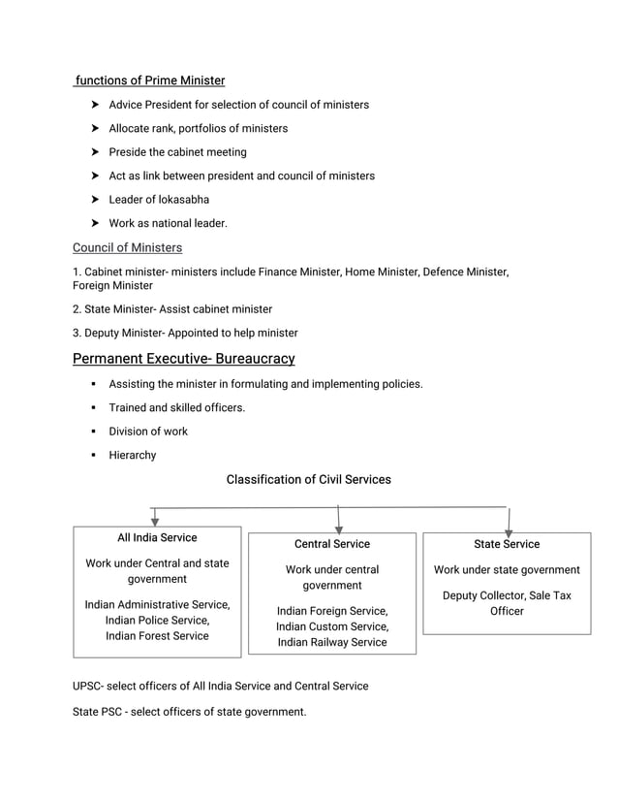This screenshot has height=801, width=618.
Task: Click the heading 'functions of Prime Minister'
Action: click(x=150, y=80)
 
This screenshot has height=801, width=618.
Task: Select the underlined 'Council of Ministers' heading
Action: click(x=127, y=247)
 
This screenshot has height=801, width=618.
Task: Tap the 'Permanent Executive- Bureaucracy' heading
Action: click(x=183, y=359)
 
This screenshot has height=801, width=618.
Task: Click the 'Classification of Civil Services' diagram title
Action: click(x=308, y=479)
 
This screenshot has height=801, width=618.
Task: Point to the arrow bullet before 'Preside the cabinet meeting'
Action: click(x=96, y=152)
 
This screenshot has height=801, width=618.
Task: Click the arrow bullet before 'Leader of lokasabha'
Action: click(x=96, y=200)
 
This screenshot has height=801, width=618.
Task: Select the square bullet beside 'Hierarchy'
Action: click(x=95, y=456)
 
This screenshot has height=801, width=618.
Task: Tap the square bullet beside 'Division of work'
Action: click(x=95, y=432)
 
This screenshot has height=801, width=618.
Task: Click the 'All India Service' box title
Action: click(x=157, y=537)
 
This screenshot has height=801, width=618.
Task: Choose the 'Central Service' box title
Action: click(x=332, y=544)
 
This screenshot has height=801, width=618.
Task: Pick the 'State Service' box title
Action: click(x=507, y=544)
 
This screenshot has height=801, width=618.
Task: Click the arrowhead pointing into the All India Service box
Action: click(x=155, y=521)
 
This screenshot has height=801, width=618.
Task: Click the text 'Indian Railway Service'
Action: click(x=332, y=642)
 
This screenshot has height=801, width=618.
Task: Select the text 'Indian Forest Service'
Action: click(x=157, y=635)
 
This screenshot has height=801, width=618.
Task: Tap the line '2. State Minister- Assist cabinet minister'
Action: click(x=172, y=308)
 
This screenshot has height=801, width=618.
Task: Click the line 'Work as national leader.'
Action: click(x=168, y=223)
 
